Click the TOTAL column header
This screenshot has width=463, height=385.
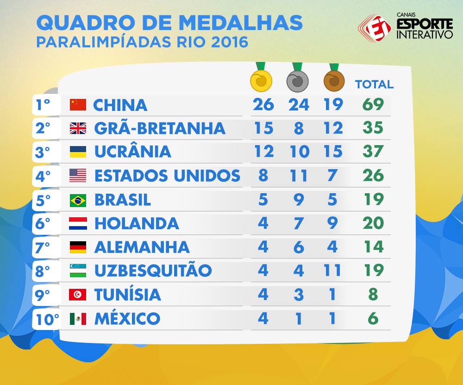tap(375, 84)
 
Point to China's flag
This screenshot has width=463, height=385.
tap(78, 104)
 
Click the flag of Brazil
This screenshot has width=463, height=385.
tap(78, 201)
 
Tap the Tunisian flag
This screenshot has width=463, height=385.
tap(78, 294)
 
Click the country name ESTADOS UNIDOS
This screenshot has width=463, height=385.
tap(168, 176)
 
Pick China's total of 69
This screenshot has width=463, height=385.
tap(373, 104)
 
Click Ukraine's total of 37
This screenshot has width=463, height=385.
tap(373, 151)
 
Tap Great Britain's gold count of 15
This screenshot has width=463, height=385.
tap(264, 128)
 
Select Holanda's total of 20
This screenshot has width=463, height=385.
tap(373, 223)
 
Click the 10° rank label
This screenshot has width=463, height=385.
tap(47, 319)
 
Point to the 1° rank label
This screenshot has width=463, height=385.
tap(43, 104)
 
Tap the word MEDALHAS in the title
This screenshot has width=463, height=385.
tap(241, 23)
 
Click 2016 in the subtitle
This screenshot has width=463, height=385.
tap(230, 42)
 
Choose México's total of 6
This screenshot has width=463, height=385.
tap(373, 318)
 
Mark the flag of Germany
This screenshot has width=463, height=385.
tap(78, 247)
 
